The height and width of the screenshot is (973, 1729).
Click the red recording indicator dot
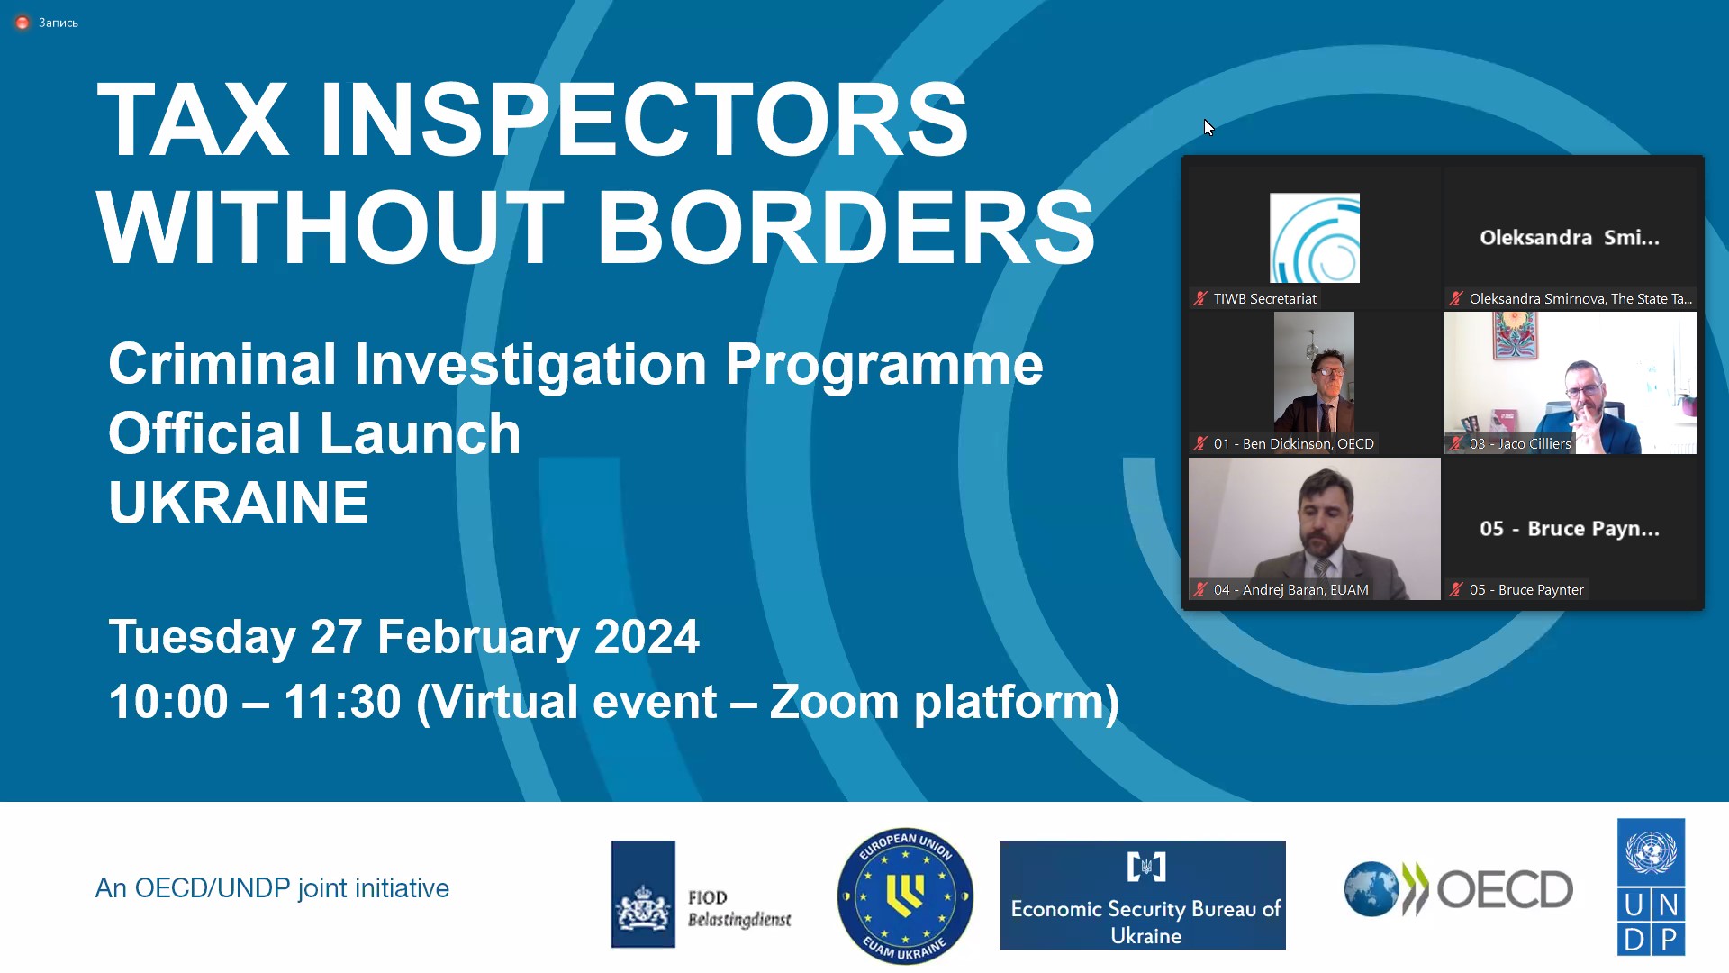[x=23, y=23]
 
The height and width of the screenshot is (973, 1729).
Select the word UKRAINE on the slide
[x=239, y=502]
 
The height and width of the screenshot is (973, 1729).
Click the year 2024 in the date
[x=647, y=637]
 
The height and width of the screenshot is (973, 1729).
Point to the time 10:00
[x=168, y=702]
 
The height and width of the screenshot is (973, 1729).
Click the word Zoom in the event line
[x=834, y=702]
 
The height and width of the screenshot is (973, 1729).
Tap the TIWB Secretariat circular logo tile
[x=1315, y=238]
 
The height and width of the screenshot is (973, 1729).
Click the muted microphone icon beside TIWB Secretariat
[x=1199, y=298]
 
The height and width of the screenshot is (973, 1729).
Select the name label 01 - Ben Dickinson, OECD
[x=1293, y=443]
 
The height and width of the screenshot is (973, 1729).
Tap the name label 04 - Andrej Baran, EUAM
[x=1290, y=589]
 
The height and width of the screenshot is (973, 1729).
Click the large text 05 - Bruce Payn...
[x=1570, y=529]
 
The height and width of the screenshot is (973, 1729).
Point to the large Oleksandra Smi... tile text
[x=1570, y=238]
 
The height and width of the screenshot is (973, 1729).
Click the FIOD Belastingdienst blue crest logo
[x=643, y=894]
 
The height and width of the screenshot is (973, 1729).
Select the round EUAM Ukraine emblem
[x=905, y=896]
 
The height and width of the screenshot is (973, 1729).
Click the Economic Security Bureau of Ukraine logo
[x=1143, y=895]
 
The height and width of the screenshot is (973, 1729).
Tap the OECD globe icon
[x=1371, y=889]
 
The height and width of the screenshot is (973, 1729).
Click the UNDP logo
[x=1651, y=887]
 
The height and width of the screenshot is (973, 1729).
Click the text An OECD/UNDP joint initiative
[x=272, y=888]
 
